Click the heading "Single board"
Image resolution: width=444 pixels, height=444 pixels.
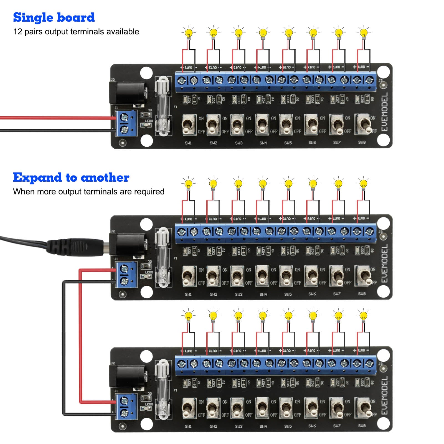pyautogui.click(x=54, y=17)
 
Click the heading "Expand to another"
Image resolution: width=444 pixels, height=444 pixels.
pyautogui.click(x=71, y=177)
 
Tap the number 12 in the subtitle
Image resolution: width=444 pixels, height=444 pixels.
pyautogui.click(x=17, y=32)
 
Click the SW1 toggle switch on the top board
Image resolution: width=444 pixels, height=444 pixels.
pyautogui.click(x=189, y=125)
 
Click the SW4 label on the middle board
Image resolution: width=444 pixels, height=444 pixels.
pyautogui.click(x=263, y=294)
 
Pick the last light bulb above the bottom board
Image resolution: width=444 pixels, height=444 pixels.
pyautogui.click(x=363, y=316)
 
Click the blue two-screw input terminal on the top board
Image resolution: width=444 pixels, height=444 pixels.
pyautogui.click(x=126, y=123)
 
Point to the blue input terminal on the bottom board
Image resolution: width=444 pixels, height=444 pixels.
pyautogui.click(x=126, y=407)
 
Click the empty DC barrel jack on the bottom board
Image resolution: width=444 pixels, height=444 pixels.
pyautogui.click(x=128, y=376)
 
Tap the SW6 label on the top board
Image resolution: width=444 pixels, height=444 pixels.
pyautogui.click(x=312, y=143)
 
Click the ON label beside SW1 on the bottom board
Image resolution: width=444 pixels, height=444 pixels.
pyautogui.click(x=201, y=402)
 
